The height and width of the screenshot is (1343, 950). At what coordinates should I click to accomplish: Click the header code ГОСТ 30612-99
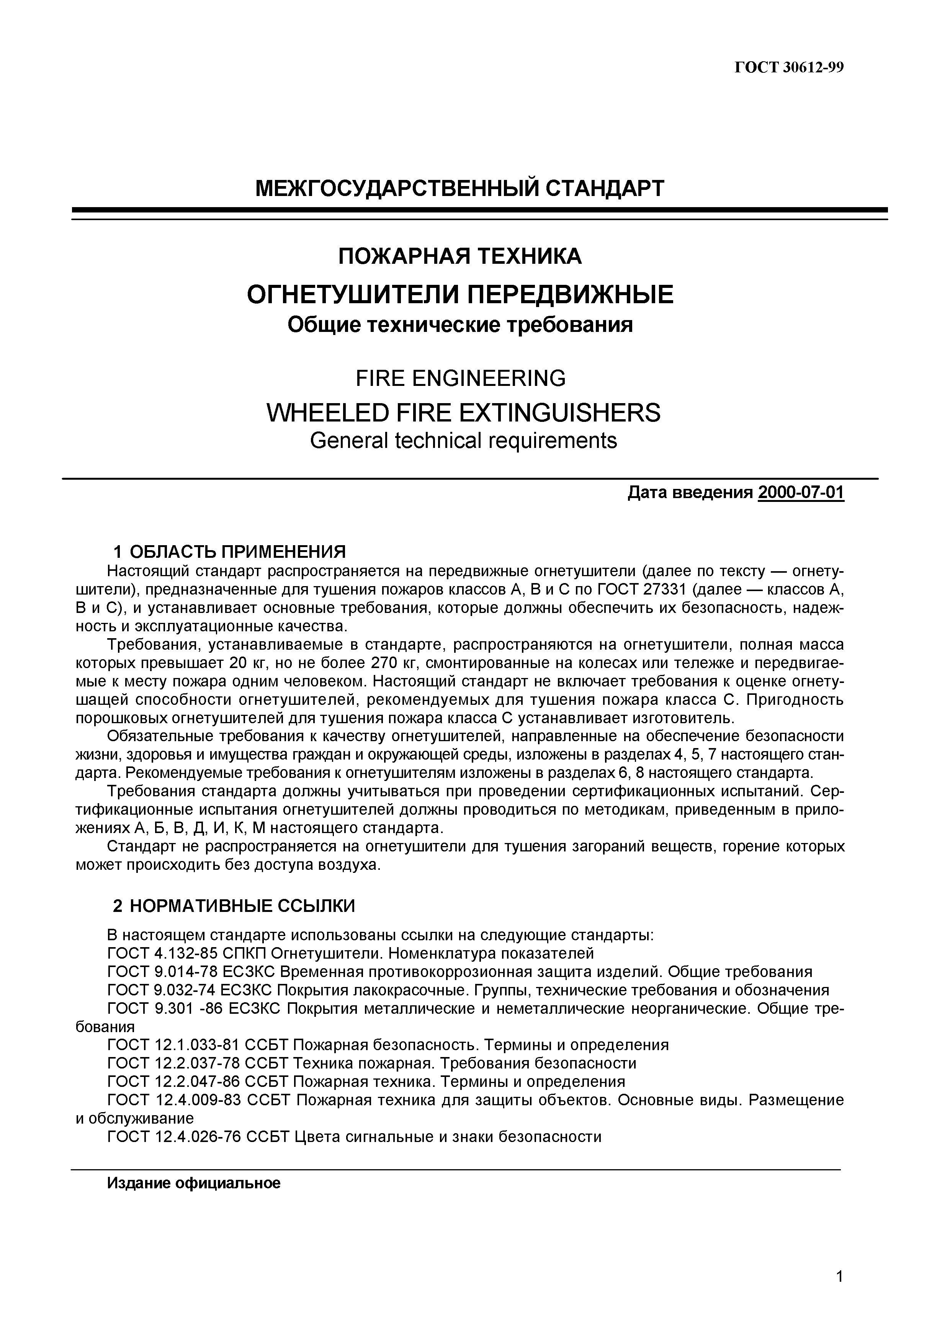click(x=788, y=68)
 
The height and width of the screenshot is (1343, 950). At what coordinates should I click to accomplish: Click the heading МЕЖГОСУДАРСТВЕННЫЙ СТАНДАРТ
click(x=460, y=188)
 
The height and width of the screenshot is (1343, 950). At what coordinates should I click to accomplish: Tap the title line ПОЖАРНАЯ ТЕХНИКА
click(x=460, y=256)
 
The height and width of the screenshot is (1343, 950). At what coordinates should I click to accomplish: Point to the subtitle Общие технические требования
click(x=460, y=325)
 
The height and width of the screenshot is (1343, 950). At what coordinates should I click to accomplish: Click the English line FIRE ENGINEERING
click(x=460, y=379)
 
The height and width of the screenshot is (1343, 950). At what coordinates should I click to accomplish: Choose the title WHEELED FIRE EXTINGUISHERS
click(x=463, y=413)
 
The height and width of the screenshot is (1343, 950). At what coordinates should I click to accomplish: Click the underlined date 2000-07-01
click(x=801, y=493)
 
